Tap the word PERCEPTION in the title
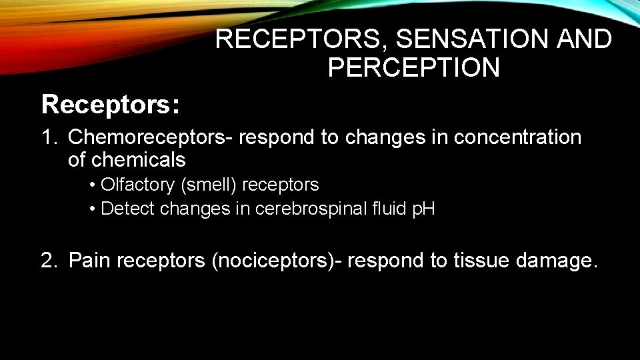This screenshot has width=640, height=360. (413, 67)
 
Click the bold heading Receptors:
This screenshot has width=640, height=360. (110, 104)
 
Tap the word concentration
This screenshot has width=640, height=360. (518, 138)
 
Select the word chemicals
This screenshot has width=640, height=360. (138, 160)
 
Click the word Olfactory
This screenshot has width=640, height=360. (138, 185)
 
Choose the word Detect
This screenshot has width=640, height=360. (127, 209)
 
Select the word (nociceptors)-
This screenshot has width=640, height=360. (276, 260)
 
